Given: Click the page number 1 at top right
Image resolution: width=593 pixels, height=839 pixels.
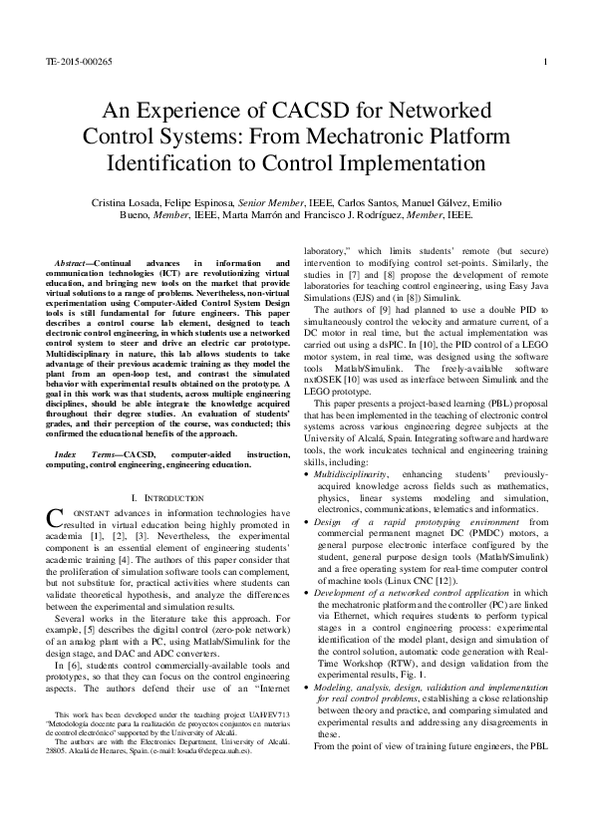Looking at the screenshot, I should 547,61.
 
